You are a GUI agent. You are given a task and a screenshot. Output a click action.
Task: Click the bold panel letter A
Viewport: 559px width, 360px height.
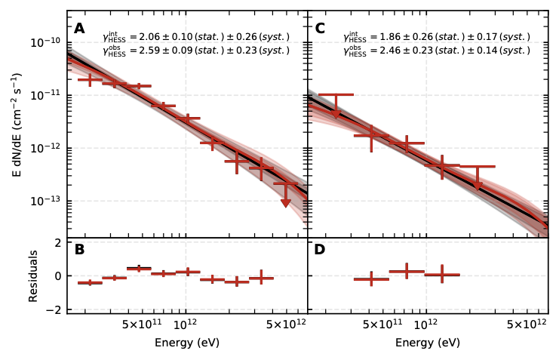[x=79, y=29]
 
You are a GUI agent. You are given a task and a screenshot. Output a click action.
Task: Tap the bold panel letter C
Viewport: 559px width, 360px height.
[x=320, y=29]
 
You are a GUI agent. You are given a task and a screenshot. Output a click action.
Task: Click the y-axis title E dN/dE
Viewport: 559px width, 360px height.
[x=17, y=125]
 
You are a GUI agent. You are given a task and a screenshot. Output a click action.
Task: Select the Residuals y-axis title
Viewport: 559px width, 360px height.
[x=33, y=276]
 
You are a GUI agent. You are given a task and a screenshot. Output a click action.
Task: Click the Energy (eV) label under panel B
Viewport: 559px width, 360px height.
[x=186, y=343]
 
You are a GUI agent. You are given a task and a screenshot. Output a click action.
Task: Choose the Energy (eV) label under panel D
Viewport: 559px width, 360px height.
[x=427, y=343]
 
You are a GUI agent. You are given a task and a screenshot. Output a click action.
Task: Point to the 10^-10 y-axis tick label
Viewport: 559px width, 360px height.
[x=47, y=42]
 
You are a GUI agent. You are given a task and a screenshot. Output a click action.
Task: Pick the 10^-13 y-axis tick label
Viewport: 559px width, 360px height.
[x=47, y=201]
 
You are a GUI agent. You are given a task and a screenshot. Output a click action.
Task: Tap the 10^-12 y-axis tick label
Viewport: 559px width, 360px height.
[x=47, y=148]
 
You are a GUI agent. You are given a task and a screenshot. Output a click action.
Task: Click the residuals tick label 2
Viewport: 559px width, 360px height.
[x=57, y=242]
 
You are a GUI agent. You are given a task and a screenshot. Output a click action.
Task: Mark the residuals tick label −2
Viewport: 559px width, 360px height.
[x=54, y=310]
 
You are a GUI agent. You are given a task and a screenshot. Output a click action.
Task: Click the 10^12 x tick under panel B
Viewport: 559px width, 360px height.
[x=186, y=325]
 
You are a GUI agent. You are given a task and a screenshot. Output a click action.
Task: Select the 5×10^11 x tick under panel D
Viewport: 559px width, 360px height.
[x=382, y=325]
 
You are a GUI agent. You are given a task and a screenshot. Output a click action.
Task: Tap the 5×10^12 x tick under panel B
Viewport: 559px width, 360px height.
[x=285, y=325]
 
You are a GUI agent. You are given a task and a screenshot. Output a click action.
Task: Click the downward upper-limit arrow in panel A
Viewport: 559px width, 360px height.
[x=286, y=202]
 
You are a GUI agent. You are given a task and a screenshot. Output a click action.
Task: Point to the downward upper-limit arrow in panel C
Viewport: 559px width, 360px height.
[x=478, y=186]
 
